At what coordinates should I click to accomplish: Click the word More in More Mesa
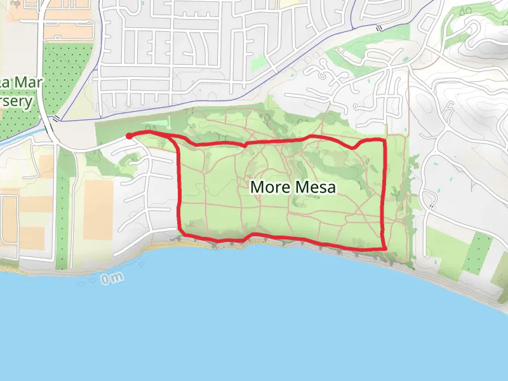point(269,187)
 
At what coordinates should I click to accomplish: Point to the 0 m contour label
point(110,277)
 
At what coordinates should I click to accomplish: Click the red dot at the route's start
point(129,136)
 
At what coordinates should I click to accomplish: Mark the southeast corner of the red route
point(385,248)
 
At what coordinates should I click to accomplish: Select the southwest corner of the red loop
point(182,231)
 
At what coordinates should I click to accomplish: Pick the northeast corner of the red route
point(384,139)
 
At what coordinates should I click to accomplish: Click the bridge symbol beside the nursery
point(57,118)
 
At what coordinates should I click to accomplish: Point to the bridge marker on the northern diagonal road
point(378,28)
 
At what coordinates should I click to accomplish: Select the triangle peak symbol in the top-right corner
point(463,11)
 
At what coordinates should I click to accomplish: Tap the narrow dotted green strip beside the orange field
point(62,210)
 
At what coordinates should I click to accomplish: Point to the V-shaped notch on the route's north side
point(245,144)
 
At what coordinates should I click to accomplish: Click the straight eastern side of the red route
point(385,190)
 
